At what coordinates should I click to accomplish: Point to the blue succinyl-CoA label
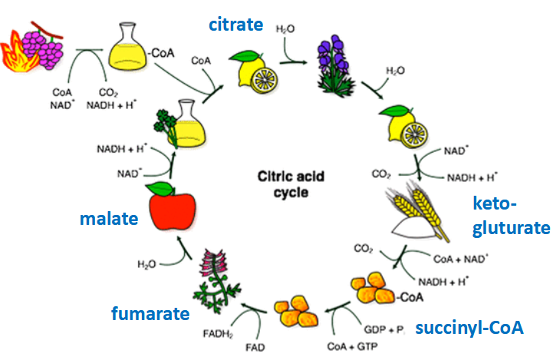click(469, 329)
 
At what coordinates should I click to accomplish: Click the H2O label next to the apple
click(148, 264)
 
